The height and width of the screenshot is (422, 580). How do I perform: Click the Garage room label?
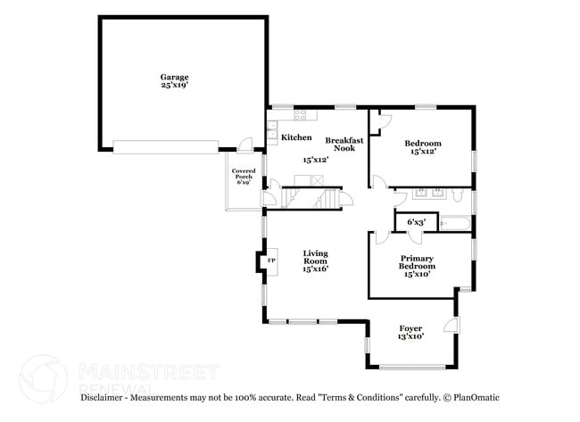pos(174,77)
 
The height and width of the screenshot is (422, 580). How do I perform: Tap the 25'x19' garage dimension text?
pos(174,85)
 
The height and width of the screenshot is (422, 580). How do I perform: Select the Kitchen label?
pos(296,137)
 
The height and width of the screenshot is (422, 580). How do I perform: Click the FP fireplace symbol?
pos(272,261)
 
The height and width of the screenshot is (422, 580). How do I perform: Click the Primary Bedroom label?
pos(417,262)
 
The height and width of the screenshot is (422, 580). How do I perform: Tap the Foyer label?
pos(410,328)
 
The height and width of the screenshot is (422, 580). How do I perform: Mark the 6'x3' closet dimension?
pos(416,222)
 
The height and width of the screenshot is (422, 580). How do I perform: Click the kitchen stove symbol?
pos(301,113)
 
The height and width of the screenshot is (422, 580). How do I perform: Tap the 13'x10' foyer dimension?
pos(410,336)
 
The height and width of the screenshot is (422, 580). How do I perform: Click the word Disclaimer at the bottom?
pos(104,397)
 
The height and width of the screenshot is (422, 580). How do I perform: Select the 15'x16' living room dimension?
pos(316,269)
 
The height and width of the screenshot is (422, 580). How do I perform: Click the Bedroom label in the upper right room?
pos(423,144)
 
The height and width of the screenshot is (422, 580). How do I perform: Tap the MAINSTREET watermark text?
pos(148,370)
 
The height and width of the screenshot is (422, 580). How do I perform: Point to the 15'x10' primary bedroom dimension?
pos(417,275)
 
